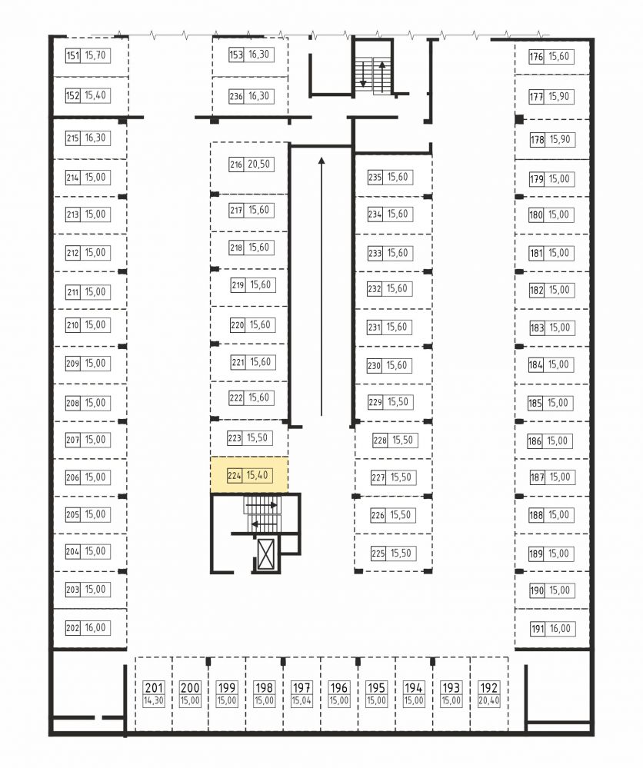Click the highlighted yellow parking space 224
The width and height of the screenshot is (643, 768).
pos(249,474)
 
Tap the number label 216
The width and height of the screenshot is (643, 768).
pos(236,165)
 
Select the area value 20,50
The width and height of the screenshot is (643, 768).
pos(258,164)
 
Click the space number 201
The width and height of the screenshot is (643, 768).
pos(153,688)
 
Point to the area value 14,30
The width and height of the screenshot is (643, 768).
pos(153,700)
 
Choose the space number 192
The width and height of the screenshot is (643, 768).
pos(488,688)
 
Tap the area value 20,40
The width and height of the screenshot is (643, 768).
pos(488,700)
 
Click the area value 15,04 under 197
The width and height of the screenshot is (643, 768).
pos(302,700)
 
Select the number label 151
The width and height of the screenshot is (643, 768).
pos(72,55)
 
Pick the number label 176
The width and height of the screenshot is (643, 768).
pos(536,57)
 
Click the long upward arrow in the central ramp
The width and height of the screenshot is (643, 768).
pos(321,287)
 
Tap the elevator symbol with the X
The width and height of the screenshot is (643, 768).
pos(265,554)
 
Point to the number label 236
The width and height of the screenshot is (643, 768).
pos(236,97)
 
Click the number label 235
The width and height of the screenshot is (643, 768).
pos(375,178)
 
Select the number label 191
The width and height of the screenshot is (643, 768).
pos(538,629)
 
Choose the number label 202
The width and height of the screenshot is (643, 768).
pos(72,628)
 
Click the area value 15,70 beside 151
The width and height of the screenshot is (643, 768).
pos(95,55)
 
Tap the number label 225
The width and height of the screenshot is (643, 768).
pos(378,554)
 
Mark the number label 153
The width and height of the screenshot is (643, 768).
pos(236,55)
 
